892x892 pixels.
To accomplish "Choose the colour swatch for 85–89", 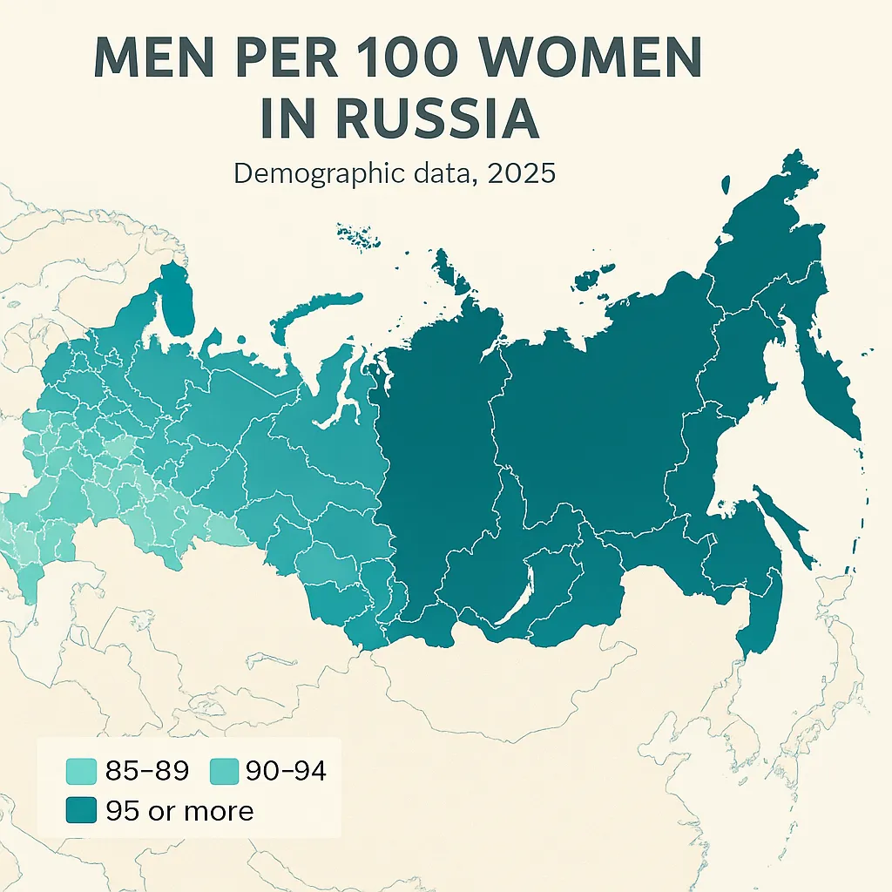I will (x=81, y=771).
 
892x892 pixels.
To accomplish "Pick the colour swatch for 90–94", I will (x=225, y=771).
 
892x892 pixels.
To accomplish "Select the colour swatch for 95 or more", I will (x=81, y=811).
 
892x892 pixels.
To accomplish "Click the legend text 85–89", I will (x=147, y=771).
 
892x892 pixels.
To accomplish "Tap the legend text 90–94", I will (x=286, y=771).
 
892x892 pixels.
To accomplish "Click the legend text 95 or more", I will (x=179, y=811).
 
